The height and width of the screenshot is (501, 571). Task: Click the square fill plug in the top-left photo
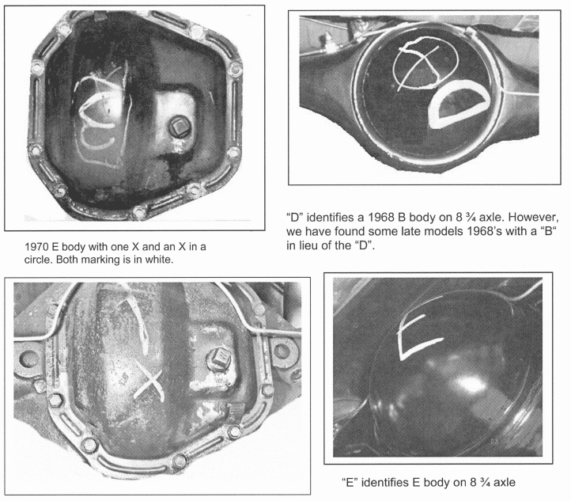[180, 127]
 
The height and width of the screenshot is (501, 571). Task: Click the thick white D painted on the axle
[459, 104]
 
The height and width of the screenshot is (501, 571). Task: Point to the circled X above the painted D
[425, 63]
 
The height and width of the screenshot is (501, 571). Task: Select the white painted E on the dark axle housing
[419, 337]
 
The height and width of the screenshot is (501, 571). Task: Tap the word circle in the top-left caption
[38, 260]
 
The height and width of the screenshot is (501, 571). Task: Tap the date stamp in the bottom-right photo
[511, 442]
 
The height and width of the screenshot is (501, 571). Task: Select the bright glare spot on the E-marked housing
[467, 383]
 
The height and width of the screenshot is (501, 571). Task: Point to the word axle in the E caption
[505, 483]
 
